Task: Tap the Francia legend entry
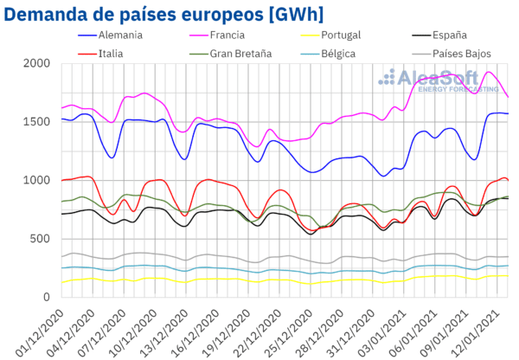(227, 35)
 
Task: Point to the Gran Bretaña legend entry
(238, 53)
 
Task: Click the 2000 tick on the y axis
(36, 64)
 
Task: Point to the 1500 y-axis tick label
(36, 122)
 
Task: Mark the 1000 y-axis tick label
(36, 180)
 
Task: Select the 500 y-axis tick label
(40, 238)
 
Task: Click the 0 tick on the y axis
(48, 296)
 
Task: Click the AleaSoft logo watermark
(440, 80)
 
